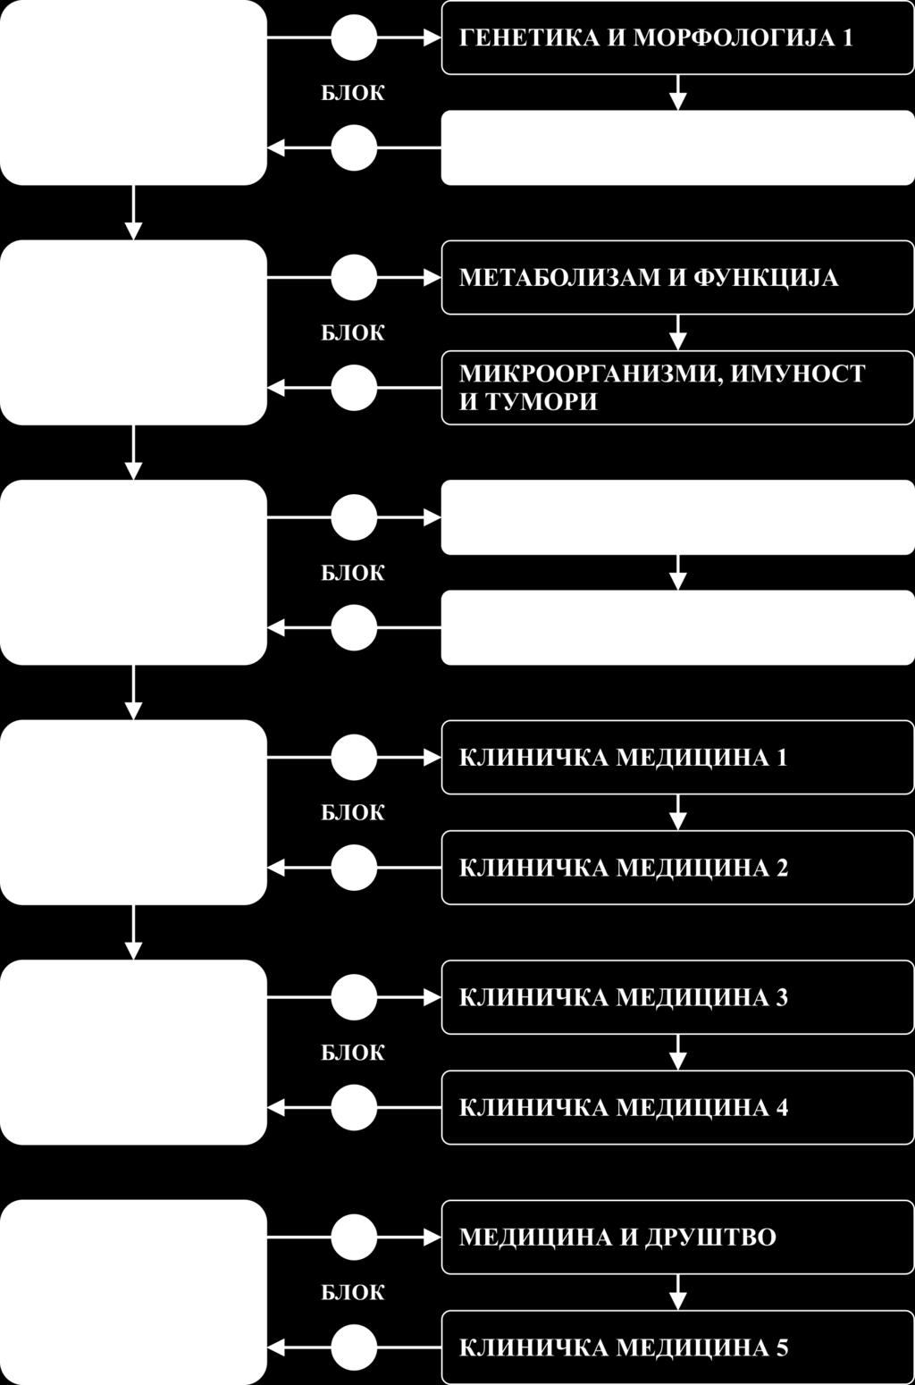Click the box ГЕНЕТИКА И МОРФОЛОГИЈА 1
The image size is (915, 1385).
677,38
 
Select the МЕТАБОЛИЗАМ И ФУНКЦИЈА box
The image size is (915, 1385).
677,278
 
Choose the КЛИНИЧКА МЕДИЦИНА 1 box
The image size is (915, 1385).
677,758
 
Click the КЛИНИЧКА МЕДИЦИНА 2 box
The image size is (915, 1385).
677,868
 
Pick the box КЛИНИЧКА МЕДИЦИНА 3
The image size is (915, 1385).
677,997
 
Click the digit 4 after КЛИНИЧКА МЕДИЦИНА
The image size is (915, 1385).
782,1107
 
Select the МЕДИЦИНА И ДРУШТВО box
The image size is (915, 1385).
677,1238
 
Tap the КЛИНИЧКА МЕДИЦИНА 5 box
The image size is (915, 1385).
677,1347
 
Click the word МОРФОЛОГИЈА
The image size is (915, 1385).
732,38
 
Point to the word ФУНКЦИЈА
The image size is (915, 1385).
766,278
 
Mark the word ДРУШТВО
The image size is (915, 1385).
710,1238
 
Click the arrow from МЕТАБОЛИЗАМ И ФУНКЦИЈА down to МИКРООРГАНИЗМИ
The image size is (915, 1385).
678,332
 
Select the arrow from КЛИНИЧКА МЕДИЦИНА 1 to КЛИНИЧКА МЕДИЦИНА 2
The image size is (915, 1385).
678,812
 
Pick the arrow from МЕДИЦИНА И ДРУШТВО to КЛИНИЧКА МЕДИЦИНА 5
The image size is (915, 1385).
678,1292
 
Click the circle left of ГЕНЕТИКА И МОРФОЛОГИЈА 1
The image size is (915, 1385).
354,38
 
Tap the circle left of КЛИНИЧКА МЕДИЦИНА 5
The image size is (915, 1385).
354,1347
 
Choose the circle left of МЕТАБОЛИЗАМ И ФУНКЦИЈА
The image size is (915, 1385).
354,278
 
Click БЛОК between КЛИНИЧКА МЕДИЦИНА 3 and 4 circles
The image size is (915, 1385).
353,1053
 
